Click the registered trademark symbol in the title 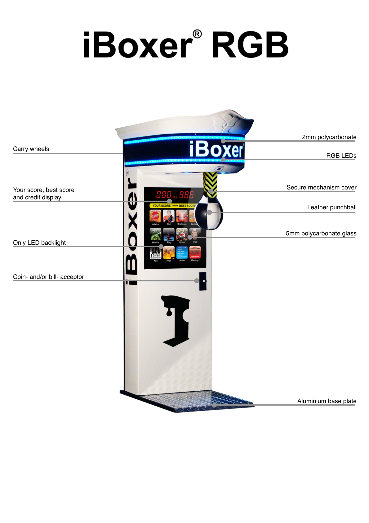(x=197, y=34)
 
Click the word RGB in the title (x=250, y=45)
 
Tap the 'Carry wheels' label (x=31, y=149)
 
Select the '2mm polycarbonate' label (x=329, y=137)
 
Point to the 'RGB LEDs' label (x=341, y=156)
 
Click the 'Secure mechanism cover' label (x=321, y=188)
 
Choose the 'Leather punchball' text (x=331, y=207)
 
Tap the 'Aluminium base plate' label (x=327, y=401)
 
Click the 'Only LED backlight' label (x=39, y=243)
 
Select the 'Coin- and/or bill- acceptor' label (x=48, y=277)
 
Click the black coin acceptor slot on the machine (x=203, y=281)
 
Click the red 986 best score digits (x=186, y=195)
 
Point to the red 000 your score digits (x=164, y=195)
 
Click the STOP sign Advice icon (x=155, y=216)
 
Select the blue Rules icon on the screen (x=182, y=252)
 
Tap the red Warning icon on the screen (x=195, y=252)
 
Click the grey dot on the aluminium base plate (x=214, y=405)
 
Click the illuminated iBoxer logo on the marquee (x=216, y=150)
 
